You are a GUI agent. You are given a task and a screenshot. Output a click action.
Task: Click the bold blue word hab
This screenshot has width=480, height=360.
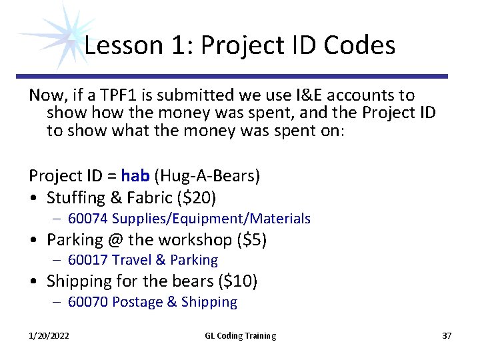[135, 176]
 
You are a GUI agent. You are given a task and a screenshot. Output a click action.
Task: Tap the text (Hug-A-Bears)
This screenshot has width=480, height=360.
[207, 177]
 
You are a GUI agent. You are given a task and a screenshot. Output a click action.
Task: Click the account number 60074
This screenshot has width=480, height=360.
[88, 219]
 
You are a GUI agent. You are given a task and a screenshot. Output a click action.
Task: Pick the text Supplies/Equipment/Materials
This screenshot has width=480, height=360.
[211, 219]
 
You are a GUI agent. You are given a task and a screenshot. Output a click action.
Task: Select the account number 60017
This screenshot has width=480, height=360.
[88, 260]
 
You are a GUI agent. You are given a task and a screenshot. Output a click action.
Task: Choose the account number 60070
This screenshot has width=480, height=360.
[88, 302]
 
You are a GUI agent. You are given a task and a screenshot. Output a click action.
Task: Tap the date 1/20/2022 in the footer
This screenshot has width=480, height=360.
[49, 335]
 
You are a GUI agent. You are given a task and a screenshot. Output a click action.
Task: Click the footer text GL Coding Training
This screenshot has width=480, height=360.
[240, 335]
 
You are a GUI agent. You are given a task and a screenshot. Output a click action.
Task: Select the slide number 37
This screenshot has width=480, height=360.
[447, 335]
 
